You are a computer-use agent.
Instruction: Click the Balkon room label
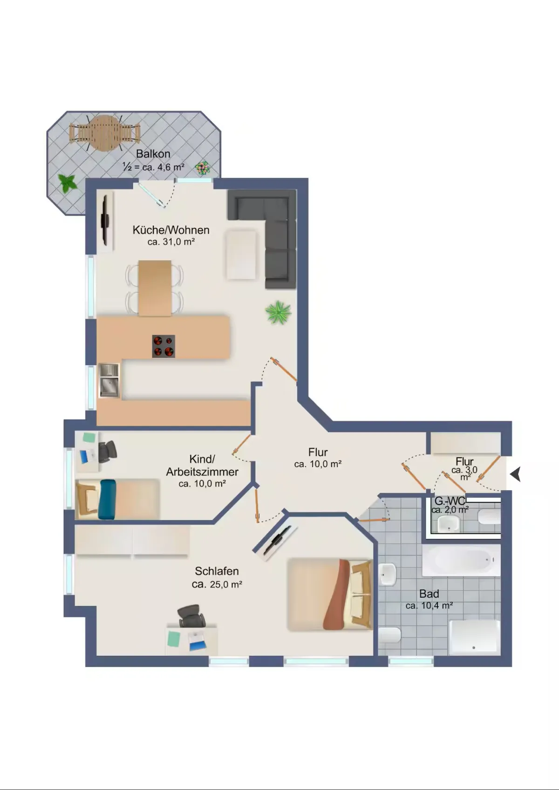[153, 154]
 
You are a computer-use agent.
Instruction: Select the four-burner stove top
[164, 346]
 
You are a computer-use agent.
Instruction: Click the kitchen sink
[109, 380]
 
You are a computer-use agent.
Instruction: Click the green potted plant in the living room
[279, 312]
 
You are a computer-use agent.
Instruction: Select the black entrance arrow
[516, 473]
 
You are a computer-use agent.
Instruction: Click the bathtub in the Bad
[462, 560]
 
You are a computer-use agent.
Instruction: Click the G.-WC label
[450, 501]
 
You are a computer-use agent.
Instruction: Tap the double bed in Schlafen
[330, 594]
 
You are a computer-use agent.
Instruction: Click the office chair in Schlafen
[191, 615]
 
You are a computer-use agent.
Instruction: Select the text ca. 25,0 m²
[217, 584]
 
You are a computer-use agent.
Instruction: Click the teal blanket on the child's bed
[107, 499]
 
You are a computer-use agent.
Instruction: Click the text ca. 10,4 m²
[429, 606]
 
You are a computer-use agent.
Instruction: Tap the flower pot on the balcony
[203, 168]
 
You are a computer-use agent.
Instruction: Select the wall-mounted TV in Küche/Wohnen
[105, 220]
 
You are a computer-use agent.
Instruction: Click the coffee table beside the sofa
[241, 254]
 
